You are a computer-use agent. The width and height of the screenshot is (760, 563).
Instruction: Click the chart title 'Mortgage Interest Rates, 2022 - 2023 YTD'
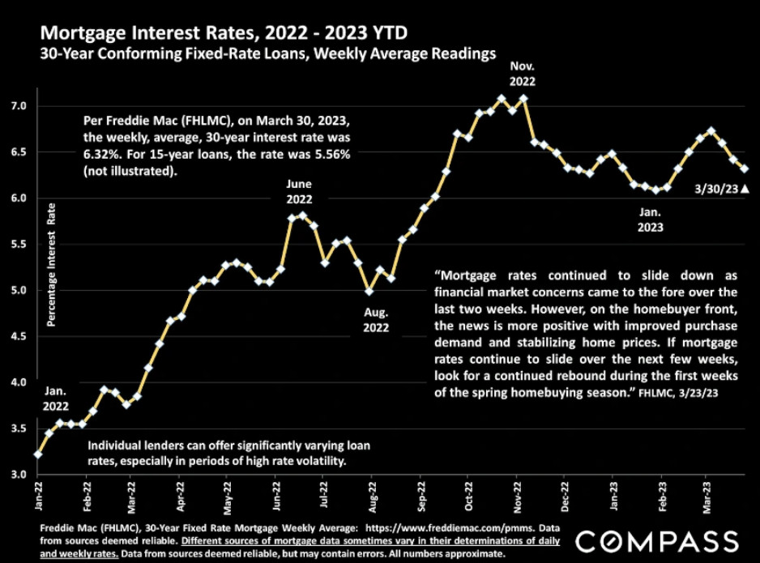[x=224, y=33]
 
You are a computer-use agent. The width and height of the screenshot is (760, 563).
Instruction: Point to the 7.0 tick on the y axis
[x=18, y=106]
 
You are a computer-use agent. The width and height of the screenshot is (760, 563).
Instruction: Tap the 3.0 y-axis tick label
[x=18, y=475]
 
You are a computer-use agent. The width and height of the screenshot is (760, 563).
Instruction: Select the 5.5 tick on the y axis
[x=18, y=244]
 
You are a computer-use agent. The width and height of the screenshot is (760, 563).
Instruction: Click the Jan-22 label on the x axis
[x=38, y=496]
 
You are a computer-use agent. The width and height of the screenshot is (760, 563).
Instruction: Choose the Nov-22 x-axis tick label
[x=517, y=497]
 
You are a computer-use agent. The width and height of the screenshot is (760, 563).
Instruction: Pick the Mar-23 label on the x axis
[x=707, y=497]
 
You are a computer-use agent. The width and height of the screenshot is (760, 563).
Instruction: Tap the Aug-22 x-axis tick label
[x=372, y=497]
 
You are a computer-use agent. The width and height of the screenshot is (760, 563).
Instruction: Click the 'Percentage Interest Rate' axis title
[x=51, y=265]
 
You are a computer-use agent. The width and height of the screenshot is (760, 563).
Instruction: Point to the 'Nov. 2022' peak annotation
[x=522, y=74]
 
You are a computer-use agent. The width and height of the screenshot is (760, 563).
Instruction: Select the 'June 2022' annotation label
[x=299, y=191]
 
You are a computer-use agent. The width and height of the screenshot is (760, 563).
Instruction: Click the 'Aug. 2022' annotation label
[x=376, y=320]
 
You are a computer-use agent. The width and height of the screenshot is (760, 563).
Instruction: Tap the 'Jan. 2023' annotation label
[x=650, y=220]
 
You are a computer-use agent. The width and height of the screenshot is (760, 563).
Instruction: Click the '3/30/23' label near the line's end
[x=716, y=189]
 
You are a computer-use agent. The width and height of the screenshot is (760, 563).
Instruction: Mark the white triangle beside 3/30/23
[x=745, y=189]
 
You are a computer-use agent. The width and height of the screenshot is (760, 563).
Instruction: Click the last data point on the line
[x=745, y=168]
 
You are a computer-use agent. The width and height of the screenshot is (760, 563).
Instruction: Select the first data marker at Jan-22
[x=38, y=454]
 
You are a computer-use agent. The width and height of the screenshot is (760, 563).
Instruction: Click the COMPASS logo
[x=658, y=541]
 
